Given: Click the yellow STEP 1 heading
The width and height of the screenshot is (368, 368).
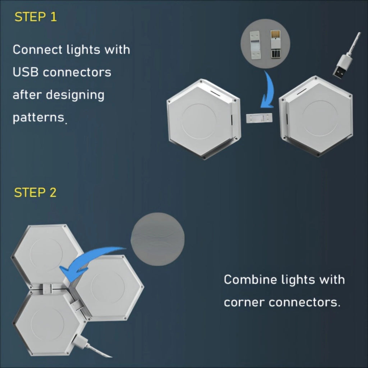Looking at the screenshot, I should (36, 17).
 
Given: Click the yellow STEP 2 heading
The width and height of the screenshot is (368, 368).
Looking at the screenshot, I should (35, 193).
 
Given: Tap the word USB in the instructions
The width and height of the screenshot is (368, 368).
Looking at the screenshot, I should (26, 72).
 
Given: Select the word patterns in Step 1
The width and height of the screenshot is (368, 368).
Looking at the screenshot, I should (38, 118).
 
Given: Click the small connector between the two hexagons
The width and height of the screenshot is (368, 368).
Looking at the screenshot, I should (259, 118).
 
